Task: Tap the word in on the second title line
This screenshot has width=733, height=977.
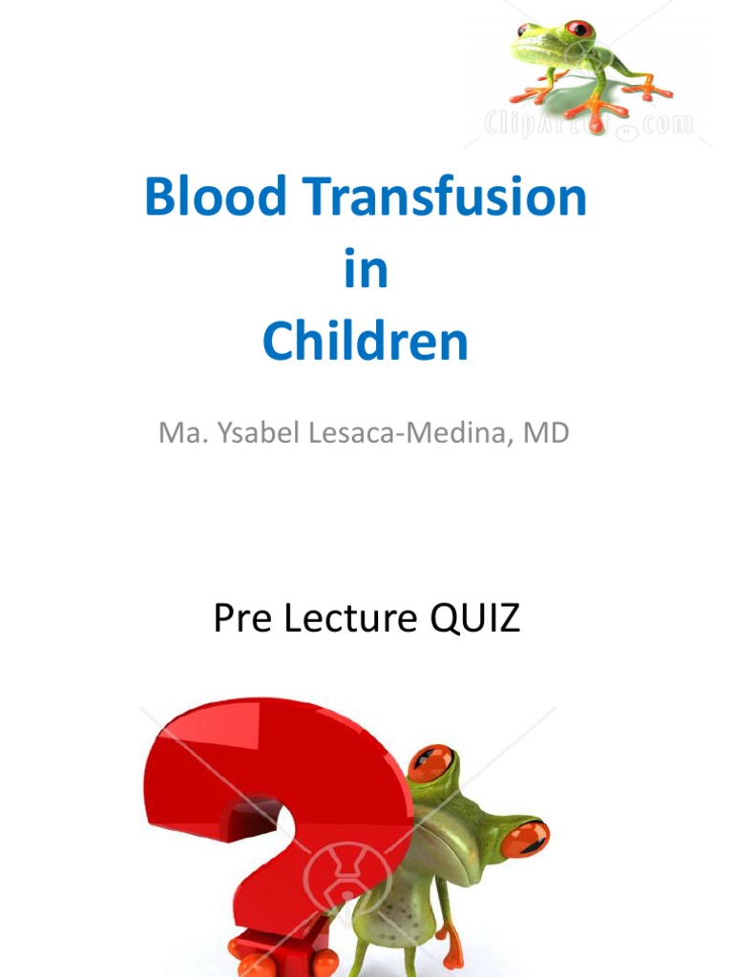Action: [x=366, y=270]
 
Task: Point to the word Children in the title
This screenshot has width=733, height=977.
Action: [x=366, y=342]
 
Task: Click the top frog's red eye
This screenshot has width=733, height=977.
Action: [x=579, y=30]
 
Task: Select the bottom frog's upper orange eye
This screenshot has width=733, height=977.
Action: [x=431, y=763]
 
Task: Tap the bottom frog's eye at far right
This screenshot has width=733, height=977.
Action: [x=525, y=838]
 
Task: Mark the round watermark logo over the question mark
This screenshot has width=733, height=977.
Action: [x=334, y=863]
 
